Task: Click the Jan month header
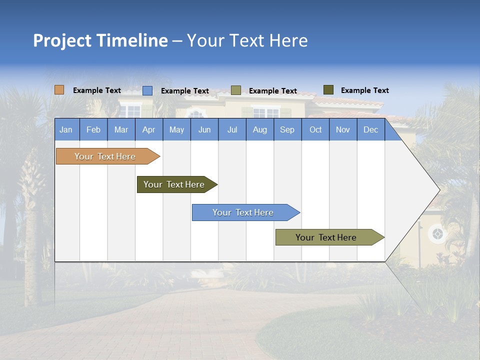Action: [x=66, y=130]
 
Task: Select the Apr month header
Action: [x=148, y=130]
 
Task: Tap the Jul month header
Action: [x=232, y=130]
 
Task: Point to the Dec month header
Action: [x=370, y=130]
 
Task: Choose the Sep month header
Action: [x=287, y=130]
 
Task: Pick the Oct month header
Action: [x=315, y=130]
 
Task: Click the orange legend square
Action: [x=59, y=90]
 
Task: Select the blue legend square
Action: [x=147, y=90]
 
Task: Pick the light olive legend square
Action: [x=236, y=90]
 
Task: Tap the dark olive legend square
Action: [x=328, y=90]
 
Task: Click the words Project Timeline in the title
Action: [x=100, y=40]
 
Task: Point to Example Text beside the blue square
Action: [x=185, y=91]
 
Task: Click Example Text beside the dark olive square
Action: [x=365, y=90]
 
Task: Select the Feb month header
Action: [x=93, y=130]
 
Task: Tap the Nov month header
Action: [x=343, y=130]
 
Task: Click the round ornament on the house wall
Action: [x=437, y=233]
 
